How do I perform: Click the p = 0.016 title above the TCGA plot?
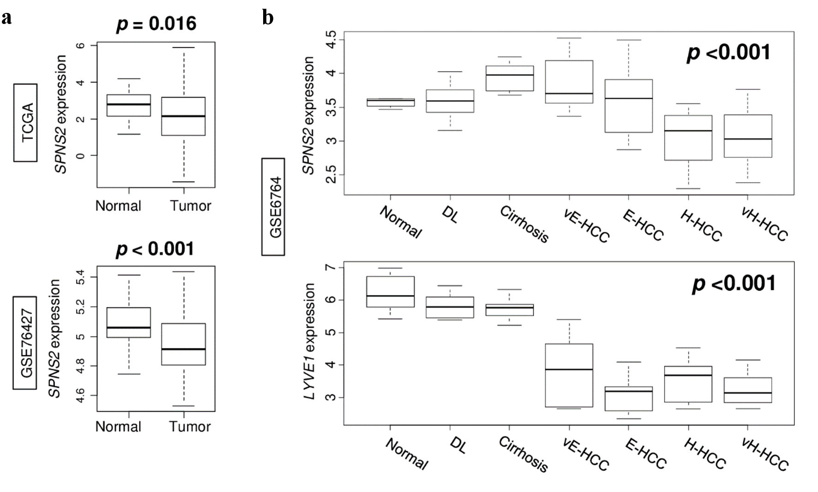(x=156, y=24)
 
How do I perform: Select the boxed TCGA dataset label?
(x=25, y=123)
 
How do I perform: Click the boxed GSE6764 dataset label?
(x=273, y=207)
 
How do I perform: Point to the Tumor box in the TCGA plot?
(x=184, y=116)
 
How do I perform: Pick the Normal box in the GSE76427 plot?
(x=129, y=322)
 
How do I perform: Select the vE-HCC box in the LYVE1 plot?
(x=569, y=375)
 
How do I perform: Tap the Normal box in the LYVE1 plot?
(x=391, y=292)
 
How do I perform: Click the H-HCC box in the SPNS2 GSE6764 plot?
(x=688, y=137)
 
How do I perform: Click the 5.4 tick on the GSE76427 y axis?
(x=80, y=277)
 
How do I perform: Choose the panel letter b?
(x=268, y=18)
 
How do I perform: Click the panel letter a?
(x=6, y=18)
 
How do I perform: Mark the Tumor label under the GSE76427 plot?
(x=189, y=427)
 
